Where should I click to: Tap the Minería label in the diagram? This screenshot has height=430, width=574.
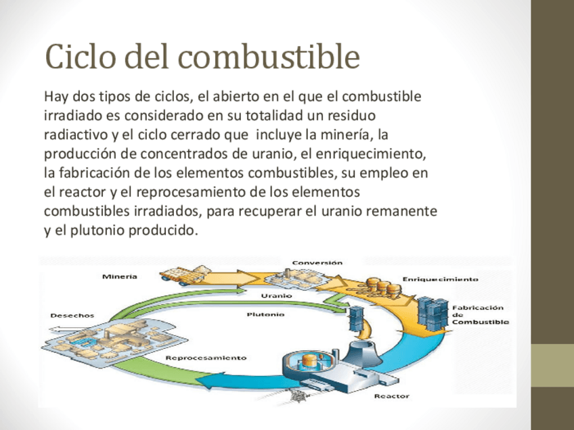click(120, 276)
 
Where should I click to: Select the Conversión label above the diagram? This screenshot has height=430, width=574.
click(317, 262)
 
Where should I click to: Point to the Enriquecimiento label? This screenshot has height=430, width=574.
click(441, 279)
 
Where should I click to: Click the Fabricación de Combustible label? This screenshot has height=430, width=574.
click(480, 315)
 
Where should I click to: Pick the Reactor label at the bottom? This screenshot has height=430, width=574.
click(391, 396)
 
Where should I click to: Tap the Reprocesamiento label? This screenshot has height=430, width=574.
click(206, 357)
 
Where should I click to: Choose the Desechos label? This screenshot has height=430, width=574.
click(72, 315)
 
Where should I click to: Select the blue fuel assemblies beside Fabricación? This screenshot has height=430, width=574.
click(432, 312)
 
